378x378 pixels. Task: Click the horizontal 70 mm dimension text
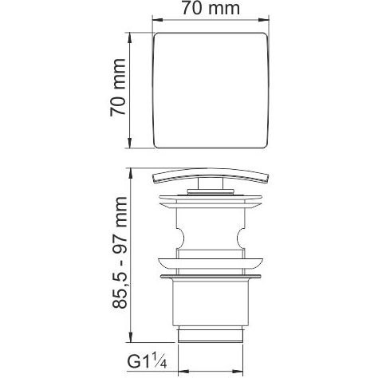click(x=208, y=10)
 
